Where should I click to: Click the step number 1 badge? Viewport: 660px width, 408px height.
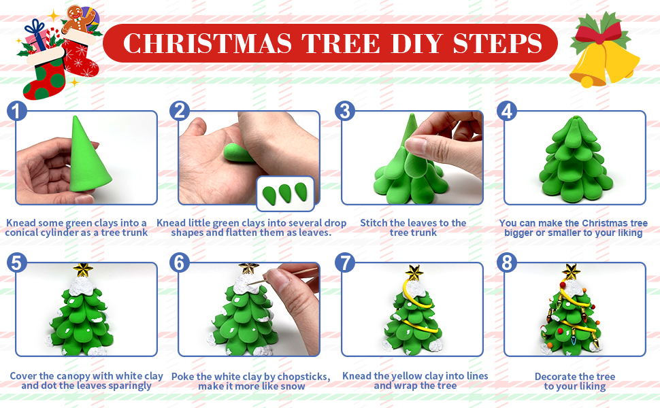point(17,111)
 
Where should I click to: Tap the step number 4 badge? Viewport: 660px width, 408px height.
point(507,111)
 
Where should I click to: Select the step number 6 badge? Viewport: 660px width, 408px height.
point(180,263)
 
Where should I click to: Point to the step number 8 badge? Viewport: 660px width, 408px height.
point(507,263)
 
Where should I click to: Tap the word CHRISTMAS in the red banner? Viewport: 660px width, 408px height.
point(207,44)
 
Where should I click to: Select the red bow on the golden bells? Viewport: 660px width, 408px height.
point(599,31)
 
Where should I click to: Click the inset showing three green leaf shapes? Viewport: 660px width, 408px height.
point(285,193)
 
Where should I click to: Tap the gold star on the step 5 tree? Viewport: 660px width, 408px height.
point(83,269)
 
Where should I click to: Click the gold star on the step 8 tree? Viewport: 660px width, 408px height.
point(571,272)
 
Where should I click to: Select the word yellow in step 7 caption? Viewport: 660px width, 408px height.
point(407,375)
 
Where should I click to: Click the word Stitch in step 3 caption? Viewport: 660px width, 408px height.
point(374,223)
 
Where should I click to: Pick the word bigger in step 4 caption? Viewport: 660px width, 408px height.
point(518,233)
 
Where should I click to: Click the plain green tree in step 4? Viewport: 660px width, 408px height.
point(576,158)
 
